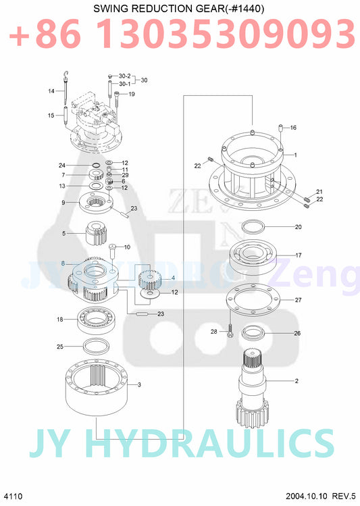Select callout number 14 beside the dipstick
51,91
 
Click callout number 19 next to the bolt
132,94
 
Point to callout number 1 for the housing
294,155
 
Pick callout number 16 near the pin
293,128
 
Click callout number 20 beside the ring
298,227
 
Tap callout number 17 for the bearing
298,255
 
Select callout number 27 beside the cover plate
298,299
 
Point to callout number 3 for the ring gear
139,385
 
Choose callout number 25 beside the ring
60,347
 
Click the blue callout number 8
63,263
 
